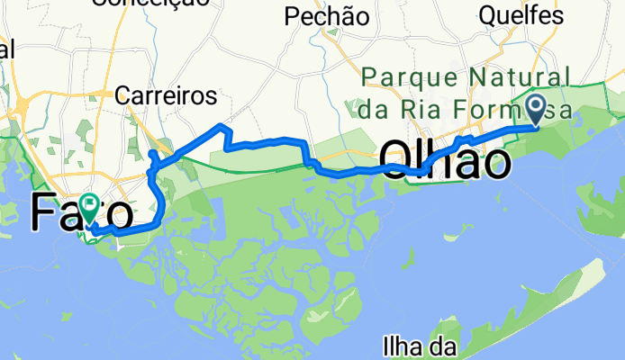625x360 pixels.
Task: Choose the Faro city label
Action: [x=82, y=212]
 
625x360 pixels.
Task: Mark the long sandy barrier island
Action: [x=558, y=297]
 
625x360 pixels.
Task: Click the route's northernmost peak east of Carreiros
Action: [x=220, y=123]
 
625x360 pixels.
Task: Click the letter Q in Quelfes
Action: [x=489, y=15]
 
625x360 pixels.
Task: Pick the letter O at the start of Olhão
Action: [x=399, y=160]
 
